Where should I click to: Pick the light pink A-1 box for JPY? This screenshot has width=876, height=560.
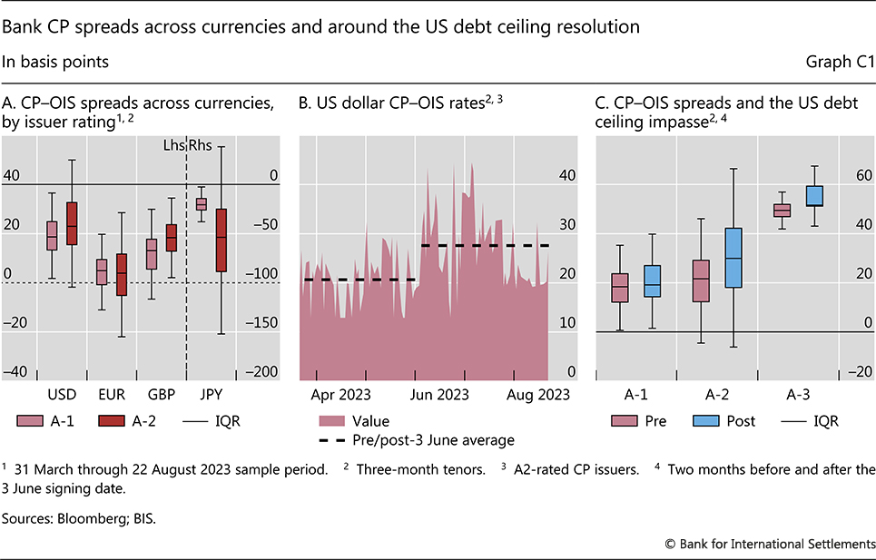click(x=201, y=204)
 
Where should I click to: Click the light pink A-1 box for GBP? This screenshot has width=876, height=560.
click(x=152, y=253)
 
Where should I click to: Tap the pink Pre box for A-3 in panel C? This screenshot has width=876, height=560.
click(x=782, y=211)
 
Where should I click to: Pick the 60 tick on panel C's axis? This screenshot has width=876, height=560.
click(x=860, y=175)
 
